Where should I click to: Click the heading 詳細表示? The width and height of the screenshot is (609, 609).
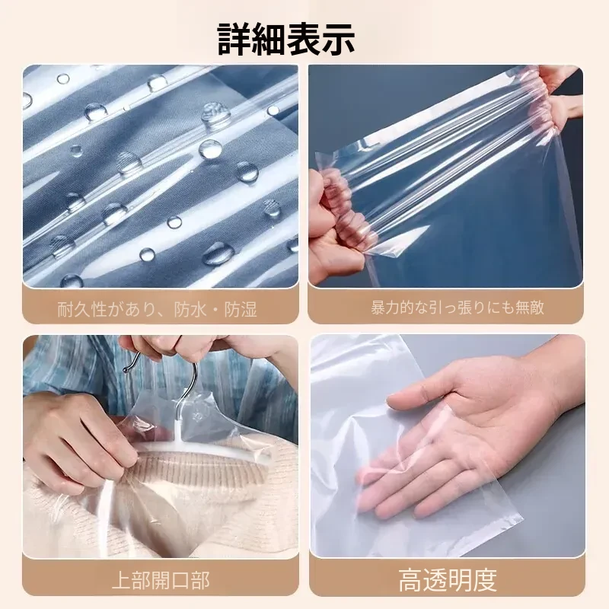pyautogui.click(x=286, y=39)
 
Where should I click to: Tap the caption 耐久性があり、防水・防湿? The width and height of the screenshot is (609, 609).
pyautogui.click(x=158, y=310)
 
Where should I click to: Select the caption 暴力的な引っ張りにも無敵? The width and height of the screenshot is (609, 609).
pyautogui.click(x=458, y=308)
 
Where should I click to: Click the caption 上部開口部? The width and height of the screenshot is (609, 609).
pyautogui.click(x=161, y=580)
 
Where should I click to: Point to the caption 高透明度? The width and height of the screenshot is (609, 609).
pyautogui.click(x=448, y=580)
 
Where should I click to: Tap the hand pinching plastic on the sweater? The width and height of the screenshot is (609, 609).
pyautogui.click(x=81, y=443)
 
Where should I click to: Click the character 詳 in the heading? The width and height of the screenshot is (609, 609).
pyautogui.click(x=234, y=39)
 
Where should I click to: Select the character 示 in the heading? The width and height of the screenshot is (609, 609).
pyautogui.click(x=338, y=39)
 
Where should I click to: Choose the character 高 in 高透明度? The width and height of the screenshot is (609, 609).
pyautogui.click(x=411, y=580)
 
